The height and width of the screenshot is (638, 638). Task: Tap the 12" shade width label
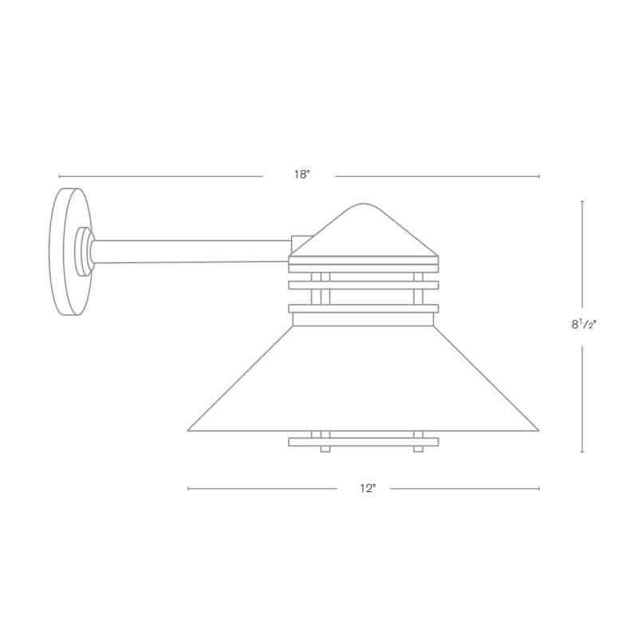point(367,488)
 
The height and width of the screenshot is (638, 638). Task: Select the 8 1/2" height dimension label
point(583,325)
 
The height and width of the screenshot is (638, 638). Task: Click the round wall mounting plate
point(67,250)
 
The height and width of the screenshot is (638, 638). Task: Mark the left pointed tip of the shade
point(190,431)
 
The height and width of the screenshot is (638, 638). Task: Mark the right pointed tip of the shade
point(538,431)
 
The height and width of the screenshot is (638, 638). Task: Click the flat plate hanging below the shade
point(363,440)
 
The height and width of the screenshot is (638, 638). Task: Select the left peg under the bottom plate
point(325,449)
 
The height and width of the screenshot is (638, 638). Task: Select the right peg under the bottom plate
point(417,449)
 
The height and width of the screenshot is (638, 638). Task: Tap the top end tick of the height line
point(582,201)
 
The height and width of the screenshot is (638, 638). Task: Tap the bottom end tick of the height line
point(582,452)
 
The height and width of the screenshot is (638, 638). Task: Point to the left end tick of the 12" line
point(187,488)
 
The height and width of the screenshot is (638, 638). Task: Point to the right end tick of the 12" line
point(540,488)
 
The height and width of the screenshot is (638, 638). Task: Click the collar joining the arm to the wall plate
point(83,250)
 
